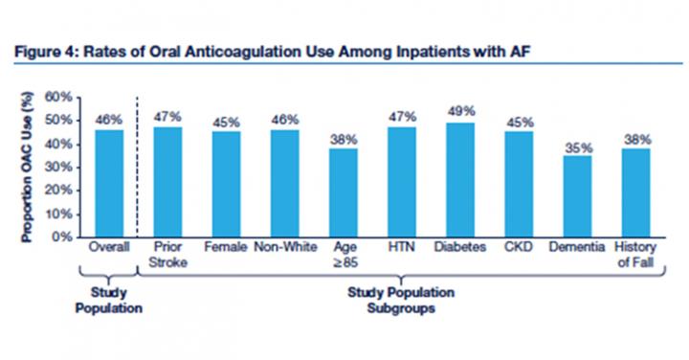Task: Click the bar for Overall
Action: [x=108, y=183]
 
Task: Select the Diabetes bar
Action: [x=460, y=179]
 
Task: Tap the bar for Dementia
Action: [x=576, y=195]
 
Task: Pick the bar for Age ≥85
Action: [x=344, y=191]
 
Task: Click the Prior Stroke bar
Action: [x=167, y=182]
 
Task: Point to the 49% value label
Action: [x=460, y=112]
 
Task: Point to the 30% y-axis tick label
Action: [x=60, y=167]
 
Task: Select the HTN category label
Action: [x=402, y=248]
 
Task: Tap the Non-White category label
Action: [x=284, y=248]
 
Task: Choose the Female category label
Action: [x=226, y=248]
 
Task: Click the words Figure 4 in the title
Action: [x=44, y=50]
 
